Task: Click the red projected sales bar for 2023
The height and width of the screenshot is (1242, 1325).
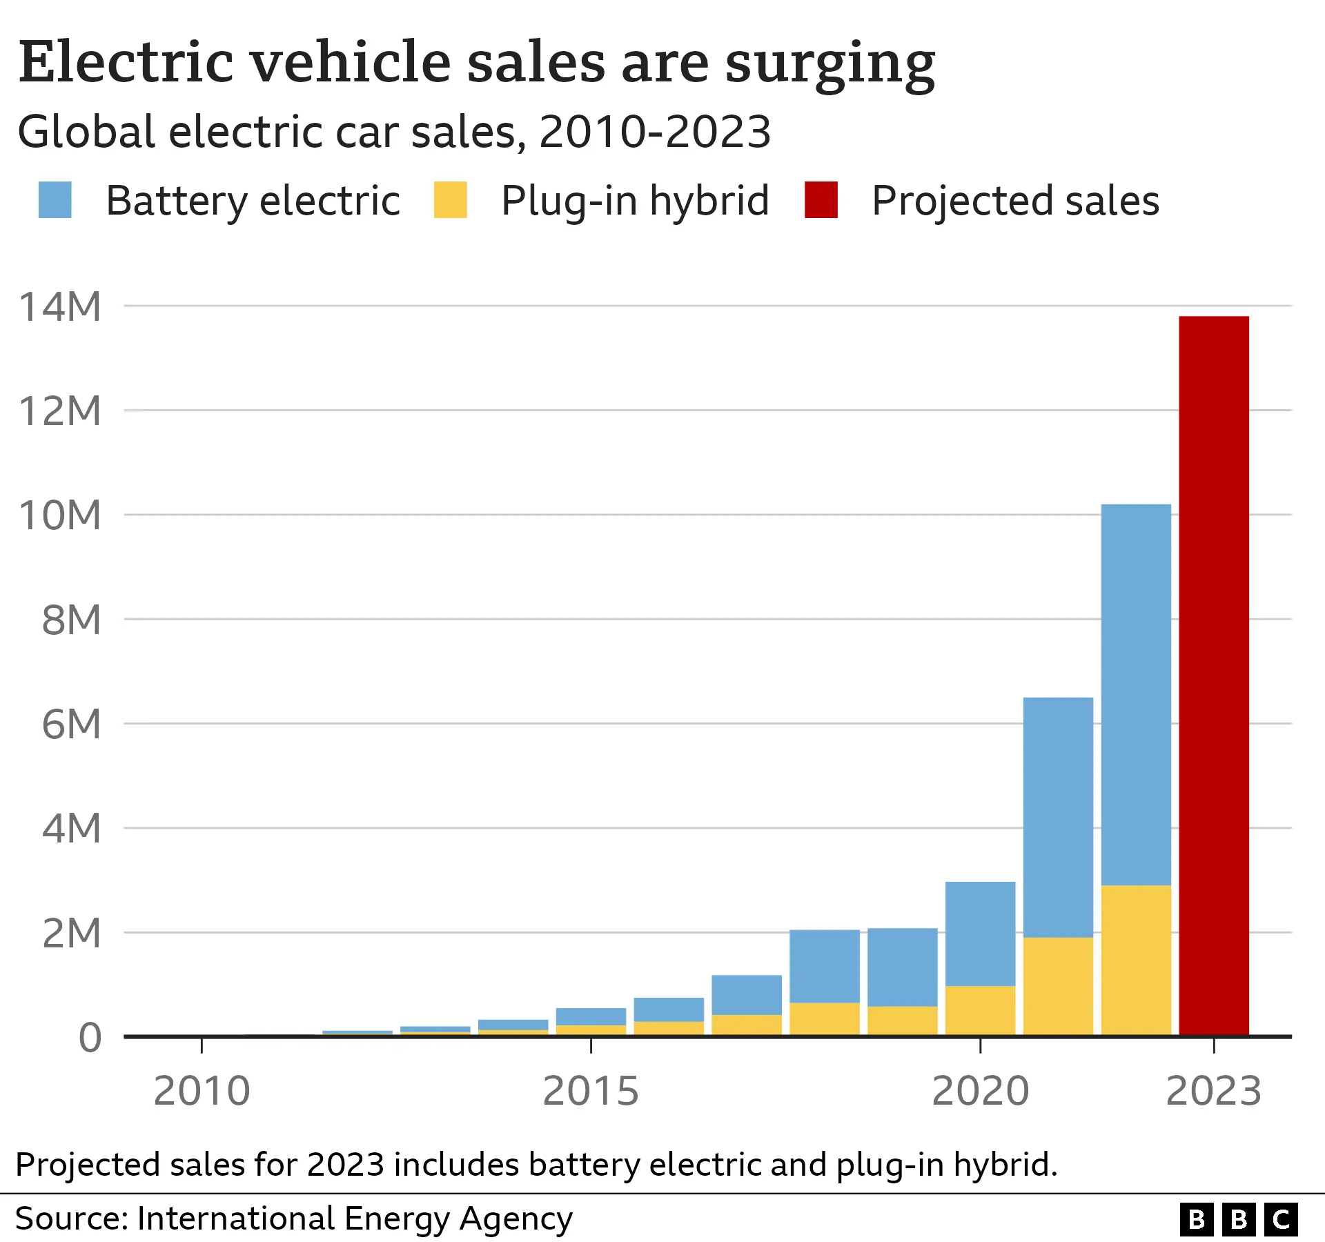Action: (1214, 676)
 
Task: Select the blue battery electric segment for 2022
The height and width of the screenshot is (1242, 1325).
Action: (1136, 694)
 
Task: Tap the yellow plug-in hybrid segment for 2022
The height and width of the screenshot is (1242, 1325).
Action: (1136, 960)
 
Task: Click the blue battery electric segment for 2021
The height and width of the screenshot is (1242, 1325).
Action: (1058, 817)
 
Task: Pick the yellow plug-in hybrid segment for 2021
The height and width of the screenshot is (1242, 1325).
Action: (1058, 986)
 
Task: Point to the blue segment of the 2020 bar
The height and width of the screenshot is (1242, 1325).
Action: (980, 934)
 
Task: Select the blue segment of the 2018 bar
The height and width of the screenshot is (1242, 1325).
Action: (825, 966)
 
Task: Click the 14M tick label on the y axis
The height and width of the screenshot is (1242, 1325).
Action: (60, 306)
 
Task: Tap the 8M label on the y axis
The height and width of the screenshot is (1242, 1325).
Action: (71, 620)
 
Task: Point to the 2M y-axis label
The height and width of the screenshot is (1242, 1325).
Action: (71, 933)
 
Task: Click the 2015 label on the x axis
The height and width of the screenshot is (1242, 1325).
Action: (591, 1091)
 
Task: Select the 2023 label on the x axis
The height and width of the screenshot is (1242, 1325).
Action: (1214, 1091)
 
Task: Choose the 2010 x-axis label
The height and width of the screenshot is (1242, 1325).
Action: (202, 1091)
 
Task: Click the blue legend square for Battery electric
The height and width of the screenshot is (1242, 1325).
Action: (55, 200)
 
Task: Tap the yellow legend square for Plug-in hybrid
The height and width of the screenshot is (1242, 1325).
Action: (451, 200)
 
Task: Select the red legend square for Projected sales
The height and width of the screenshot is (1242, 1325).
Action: (821, 200)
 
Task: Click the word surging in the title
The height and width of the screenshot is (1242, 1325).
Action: (830, 64)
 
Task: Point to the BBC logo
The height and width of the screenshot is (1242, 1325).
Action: (1239, 1219)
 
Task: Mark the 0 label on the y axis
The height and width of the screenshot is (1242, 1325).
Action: (90, 1038)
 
